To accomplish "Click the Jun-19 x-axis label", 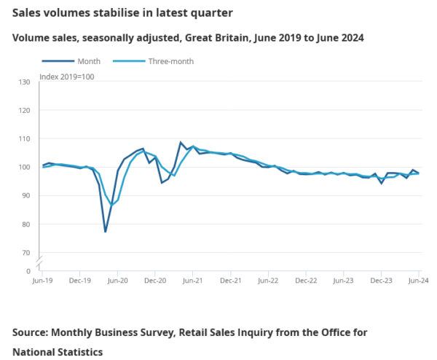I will [x=44, y=280].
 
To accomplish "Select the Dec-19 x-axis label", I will [x=81, y=280].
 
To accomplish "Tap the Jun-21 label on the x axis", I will [x=193, y=280].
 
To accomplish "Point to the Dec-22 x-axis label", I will [x=306, y=280].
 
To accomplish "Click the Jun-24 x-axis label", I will [x=418, y=280].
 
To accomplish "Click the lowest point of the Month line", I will [x=106, y=232].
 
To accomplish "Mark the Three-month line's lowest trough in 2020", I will [x=112, y=206].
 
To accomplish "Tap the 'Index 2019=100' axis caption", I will [x=66, y=77].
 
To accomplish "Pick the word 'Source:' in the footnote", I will [x=34, y=332].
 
